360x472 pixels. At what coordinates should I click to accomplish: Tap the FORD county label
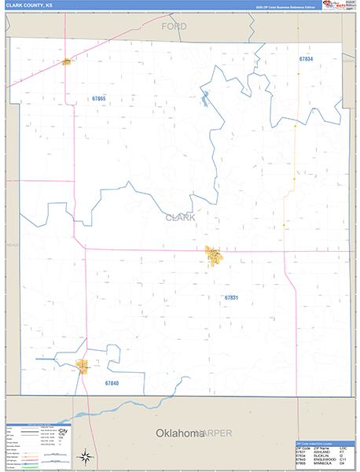(x=174, y=27)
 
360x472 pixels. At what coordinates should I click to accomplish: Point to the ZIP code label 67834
(x=305, y=59)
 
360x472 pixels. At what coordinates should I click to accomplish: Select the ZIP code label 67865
(x=97, y=99)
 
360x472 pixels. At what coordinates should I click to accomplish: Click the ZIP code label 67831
(x=230, y=298)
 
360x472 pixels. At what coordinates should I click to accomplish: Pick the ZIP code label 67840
(x=111, y=383)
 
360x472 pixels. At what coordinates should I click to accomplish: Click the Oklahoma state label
(x=178, y=433)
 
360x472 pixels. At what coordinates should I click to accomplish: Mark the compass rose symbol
(x=84, y=455)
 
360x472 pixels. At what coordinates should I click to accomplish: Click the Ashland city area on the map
(x=213, y=256)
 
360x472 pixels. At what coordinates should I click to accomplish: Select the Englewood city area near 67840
(x=82, y=365)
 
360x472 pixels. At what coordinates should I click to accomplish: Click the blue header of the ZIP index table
(x=322, y=443)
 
